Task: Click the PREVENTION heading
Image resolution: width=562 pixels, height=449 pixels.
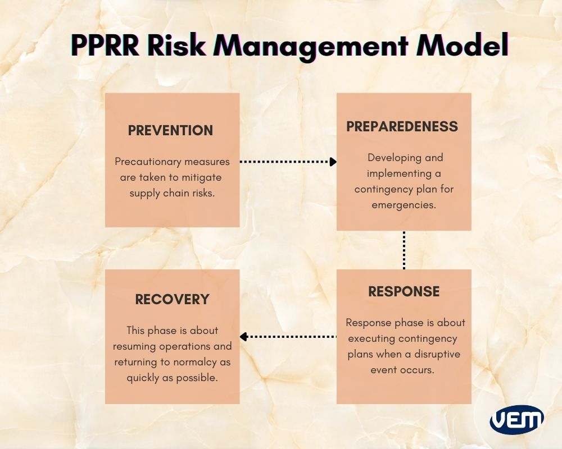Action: tap(170, 130)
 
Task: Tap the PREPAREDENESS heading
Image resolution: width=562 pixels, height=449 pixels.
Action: tap(402, 126)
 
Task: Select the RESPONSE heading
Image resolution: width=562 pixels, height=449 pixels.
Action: tap(404, 291)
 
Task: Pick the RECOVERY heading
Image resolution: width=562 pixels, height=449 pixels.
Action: tap(172, 299)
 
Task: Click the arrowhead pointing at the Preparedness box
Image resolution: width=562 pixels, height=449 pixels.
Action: tap(333, 162)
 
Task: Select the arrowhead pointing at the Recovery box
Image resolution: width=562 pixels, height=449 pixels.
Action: tap(243, 337)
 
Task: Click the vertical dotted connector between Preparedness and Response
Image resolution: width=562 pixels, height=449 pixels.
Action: tap(404, 250)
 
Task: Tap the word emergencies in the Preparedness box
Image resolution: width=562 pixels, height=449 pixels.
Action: tap(404, 205)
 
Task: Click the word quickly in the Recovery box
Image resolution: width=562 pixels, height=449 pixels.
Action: tap(142, 378)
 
